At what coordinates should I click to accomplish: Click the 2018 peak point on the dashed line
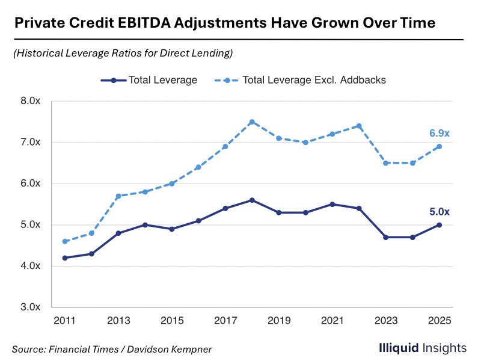252,122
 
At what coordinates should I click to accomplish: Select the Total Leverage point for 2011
65,258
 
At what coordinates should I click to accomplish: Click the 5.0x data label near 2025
439,211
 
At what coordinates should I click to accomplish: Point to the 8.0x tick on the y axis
29,101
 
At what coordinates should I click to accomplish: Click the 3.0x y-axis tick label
29,307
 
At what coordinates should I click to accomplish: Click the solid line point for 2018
252,200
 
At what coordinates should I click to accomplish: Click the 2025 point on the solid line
440,224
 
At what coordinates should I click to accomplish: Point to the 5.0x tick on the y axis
29,224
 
